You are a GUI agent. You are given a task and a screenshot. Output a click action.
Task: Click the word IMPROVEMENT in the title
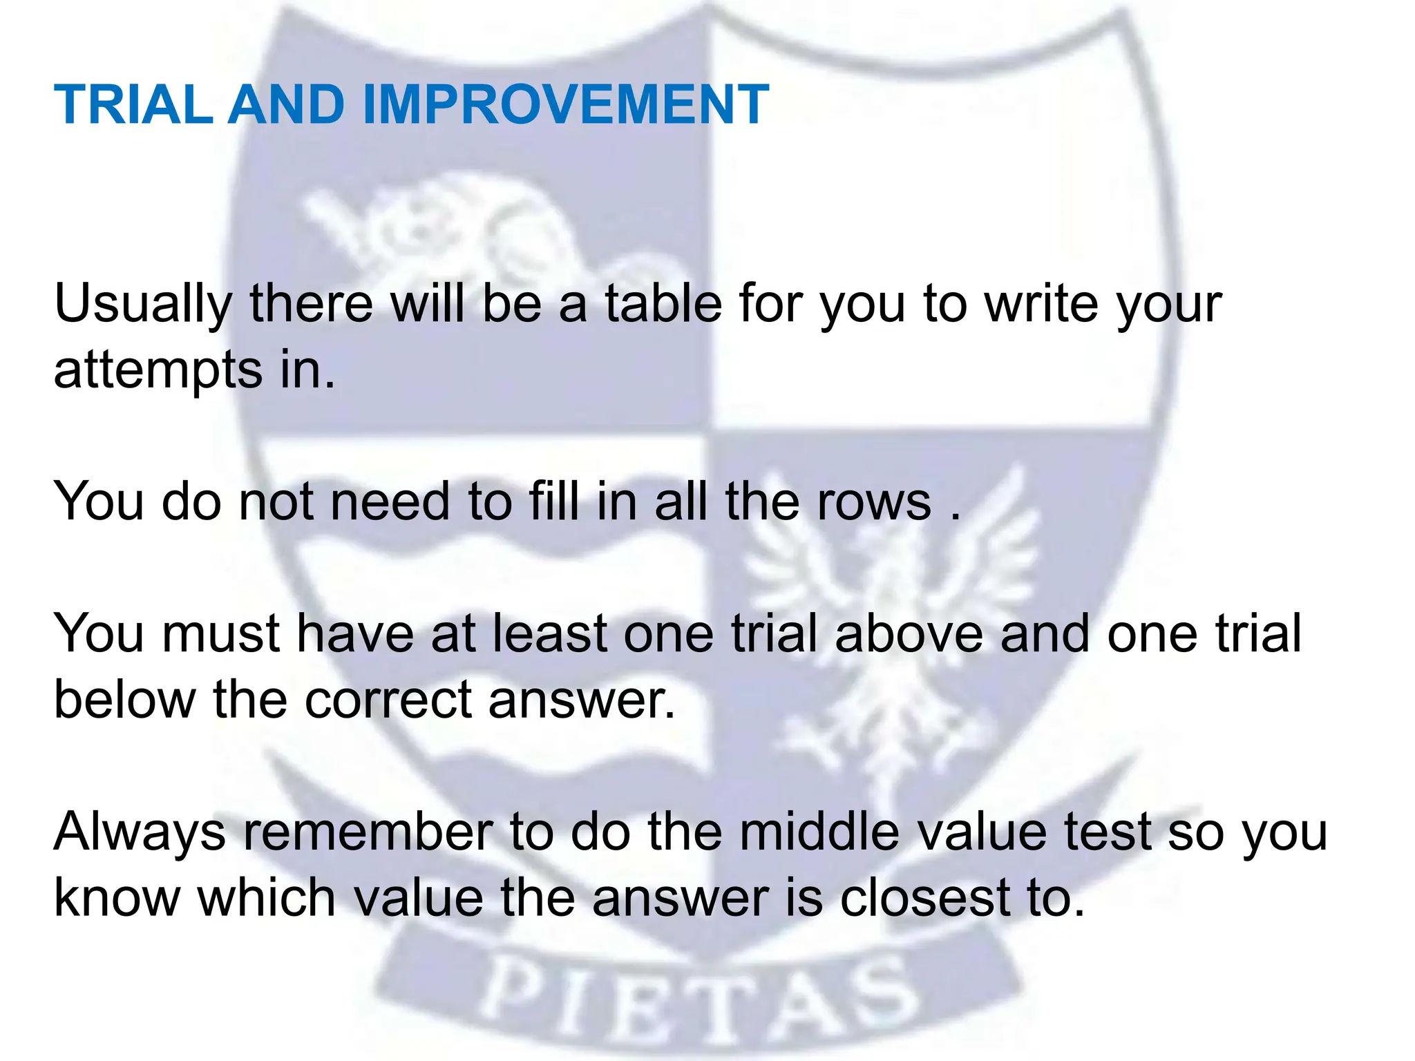[565, 105]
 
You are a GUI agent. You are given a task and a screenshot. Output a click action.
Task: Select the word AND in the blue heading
[286, 105]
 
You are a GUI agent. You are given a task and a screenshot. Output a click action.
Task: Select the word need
[390, 501]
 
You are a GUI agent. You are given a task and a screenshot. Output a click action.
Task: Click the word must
[220, 633]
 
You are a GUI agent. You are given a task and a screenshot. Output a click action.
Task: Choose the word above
[909, 633]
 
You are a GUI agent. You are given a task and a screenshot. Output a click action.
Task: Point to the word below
[125, 700]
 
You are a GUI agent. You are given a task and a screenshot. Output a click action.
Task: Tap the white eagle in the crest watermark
[891, 622]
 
